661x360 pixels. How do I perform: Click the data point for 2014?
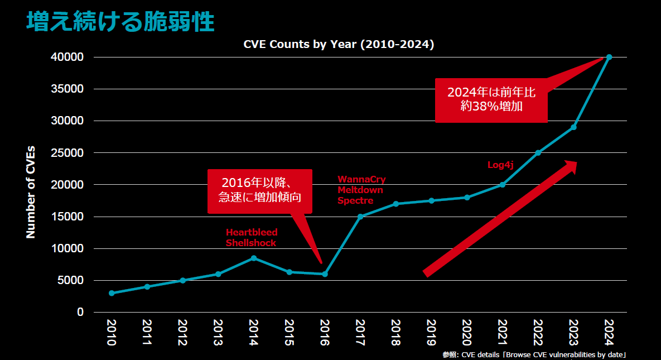tap(254, 258)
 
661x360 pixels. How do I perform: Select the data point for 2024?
tap(609, 57)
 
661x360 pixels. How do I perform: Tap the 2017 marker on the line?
tap(360, 217)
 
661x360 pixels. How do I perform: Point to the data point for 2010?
tap(112, 293)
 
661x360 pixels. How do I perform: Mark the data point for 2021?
tap(503, 185)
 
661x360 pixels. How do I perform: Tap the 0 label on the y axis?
tap(80, 312)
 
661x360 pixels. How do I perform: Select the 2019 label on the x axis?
tap(431, 333)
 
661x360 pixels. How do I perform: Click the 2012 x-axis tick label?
tap(182, 333)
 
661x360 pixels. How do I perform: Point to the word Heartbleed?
tap(252, 232)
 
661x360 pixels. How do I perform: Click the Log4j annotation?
tap(500, 165)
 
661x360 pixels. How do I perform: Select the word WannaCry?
tap(361, 180)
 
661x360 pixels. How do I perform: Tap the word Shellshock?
tap(251, 243)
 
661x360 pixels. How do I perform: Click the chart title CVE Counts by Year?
tap(339, 45)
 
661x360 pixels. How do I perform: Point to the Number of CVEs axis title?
tap(31, 191)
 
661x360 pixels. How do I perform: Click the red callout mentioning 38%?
tap(491, 99)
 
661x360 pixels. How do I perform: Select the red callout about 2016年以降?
tap(259, 190)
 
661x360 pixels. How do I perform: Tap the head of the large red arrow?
tap(569, 166)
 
